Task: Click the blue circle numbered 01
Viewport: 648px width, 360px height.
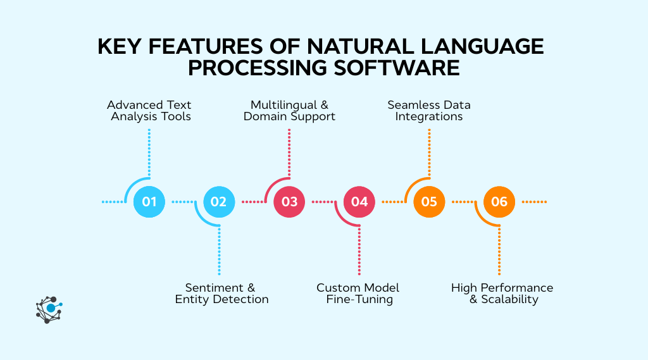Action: point(149,202)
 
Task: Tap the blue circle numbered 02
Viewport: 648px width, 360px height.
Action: point(219,202)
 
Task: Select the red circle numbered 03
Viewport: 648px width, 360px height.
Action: point(289,202)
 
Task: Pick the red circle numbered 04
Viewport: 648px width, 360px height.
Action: point(359,202)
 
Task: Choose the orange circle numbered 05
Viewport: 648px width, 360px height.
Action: point(429,202)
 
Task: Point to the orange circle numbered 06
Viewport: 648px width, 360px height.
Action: point(499,202)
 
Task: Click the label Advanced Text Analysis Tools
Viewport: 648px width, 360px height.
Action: point(149,110)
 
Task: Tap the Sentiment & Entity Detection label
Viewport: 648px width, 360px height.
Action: point(221,293)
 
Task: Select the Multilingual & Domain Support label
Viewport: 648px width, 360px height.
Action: point(289,110)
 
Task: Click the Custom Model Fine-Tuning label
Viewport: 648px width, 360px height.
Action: point(359,293)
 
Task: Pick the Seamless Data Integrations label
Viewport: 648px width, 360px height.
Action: point(429,110)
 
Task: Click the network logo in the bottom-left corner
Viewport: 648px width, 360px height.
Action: point(49,309)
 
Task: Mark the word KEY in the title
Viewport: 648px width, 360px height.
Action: point(120,47)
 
